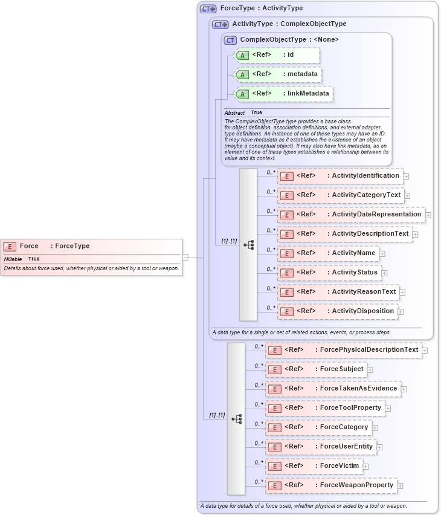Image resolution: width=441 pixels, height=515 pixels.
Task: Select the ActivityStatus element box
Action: [x=329, y=273]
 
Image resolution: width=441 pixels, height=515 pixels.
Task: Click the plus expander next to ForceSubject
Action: [x=370, y=369]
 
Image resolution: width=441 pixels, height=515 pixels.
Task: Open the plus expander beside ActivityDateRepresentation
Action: [x=428, y=215]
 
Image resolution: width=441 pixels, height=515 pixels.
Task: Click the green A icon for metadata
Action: [x=242, y=75]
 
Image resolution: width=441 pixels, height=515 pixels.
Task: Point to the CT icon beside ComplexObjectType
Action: [x=230, y=40]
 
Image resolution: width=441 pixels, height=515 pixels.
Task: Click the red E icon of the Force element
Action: [x=10, y=246]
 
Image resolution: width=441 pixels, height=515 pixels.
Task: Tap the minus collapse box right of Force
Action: [x=185, y=257]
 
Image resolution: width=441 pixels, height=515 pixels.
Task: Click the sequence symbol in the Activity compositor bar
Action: [x=248, y=245]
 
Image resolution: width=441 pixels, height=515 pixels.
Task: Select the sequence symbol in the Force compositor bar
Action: [x=236, y=418]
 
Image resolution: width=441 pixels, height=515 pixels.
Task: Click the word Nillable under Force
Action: [x=13, y=259]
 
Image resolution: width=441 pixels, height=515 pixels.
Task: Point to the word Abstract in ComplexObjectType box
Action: [x=234, y=113]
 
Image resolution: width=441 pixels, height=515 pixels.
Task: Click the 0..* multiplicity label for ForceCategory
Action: [x=259, y=424]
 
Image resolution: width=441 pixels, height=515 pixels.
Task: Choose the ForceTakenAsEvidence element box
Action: [x=333, y=389]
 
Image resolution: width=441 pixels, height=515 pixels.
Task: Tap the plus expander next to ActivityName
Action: [x=382, y=253]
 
